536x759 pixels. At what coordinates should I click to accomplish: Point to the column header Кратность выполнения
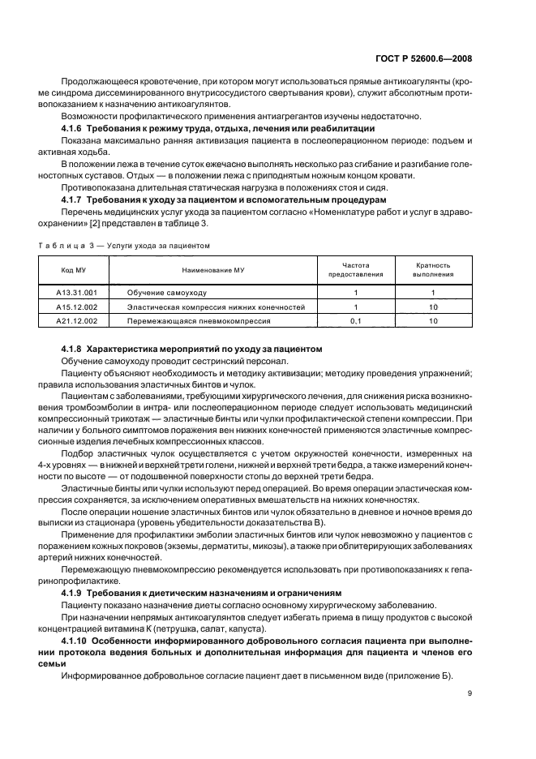[x=433, y=270]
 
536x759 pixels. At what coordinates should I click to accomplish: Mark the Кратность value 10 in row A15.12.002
[x=433, y=307]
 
